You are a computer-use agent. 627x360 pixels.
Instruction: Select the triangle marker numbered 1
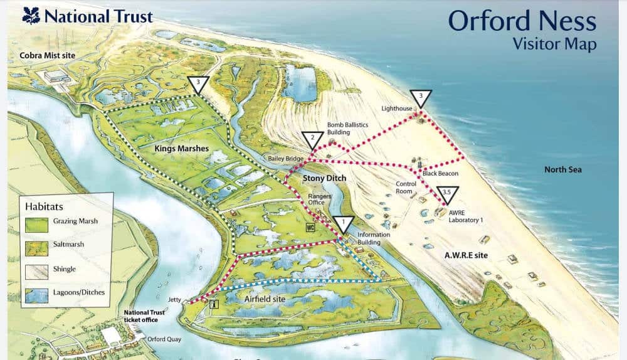[343, 223]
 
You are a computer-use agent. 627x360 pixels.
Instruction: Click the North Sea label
[562, 170]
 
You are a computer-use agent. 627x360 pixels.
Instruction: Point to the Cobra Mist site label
[47, 56]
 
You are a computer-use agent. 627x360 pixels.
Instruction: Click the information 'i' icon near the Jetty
[214, 304]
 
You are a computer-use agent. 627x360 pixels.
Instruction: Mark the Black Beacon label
[440, 173]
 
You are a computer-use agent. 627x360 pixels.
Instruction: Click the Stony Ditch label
[324, 179]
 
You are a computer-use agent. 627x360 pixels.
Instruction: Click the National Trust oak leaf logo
[31, 15]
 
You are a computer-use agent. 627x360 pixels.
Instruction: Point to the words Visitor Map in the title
[554, 44]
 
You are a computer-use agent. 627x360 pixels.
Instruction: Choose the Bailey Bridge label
[286, 159]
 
